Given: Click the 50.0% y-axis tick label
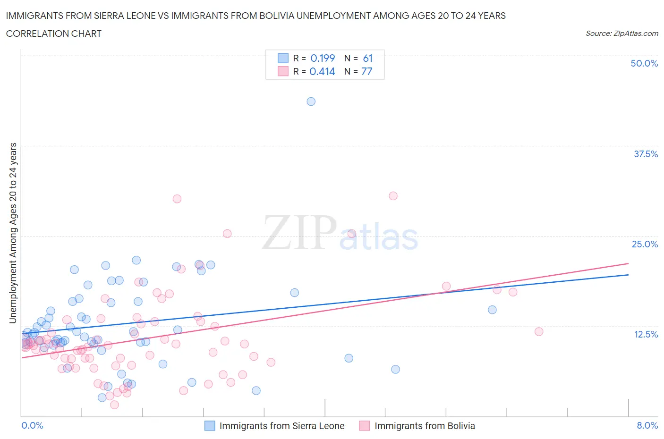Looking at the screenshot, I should click(644, 63).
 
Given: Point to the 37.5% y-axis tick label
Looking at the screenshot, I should click(645, 154).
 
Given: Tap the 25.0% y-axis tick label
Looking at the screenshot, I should click(644, 244).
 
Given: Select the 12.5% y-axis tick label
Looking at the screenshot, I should click(645, 334).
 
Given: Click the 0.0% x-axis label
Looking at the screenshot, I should click(32, 425).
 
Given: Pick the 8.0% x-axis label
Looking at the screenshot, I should click(647, 425).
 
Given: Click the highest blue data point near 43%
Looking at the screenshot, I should click(311, 101).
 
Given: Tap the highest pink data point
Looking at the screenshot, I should click(393, 196).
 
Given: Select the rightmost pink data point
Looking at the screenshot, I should click(539, 331).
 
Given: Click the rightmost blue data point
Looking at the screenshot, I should click(492, 310).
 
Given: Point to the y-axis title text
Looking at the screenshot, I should click(13, 233).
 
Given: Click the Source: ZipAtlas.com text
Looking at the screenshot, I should click(621, 34).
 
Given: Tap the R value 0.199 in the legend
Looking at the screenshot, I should click(323, 58).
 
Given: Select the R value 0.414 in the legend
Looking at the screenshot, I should click(322, 71).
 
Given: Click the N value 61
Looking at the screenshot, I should click(368, 58).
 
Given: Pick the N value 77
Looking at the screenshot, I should click(367, 71).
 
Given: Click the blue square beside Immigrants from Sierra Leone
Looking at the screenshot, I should click(209, 426).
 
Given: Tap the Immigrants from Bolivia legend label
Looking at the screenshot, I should click(425, 426).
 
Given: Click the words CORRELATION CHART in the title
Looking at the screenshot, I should click(54, 34).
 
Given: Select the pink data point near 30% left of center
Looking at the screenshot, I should click(177, 199).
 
